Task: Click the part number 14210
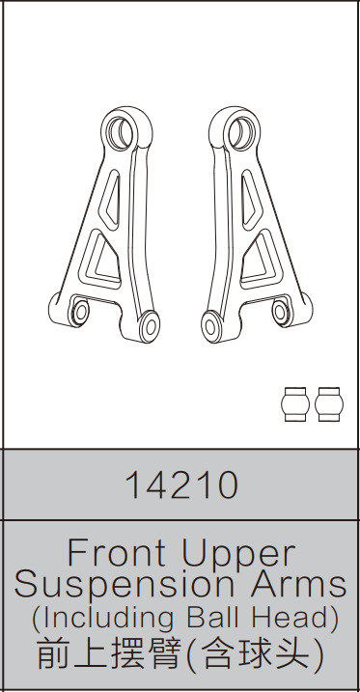tap(180, 485)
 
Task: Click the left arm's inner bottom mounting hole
tap(151, 323)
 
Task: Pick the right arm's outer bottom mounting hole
tap(282, 311)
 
